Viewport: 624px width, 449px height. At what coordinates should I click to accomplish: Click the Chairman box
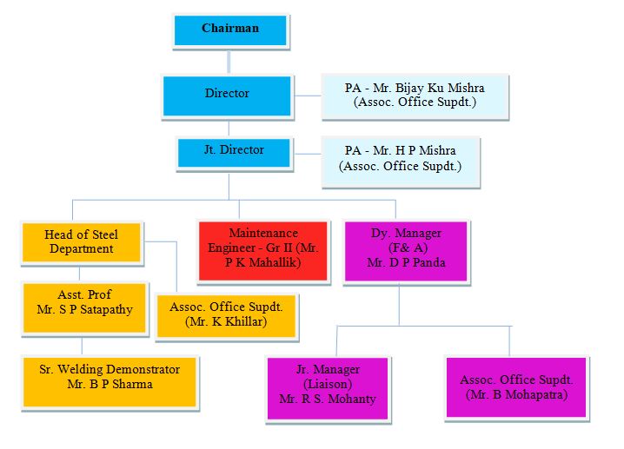click(230, 30)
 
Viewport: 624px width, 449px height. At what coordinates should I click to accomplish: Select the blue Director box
click(227, 94)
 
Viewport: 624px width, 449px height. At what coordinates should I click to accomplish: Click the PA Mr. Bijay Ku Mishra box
click(415, 96)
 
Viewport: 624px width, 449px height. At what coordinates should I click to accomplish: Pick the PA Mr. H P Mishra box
click(400, 158)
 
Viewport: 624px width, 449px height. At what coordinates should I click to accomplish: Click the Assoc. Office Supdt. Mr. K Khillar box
click(226, 314)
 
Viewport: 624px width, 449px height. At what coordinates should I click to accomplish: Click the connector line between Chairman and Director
click(229, 61)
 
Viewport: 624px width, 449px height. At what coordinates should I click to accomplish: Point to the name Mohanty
click(355, 399)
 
